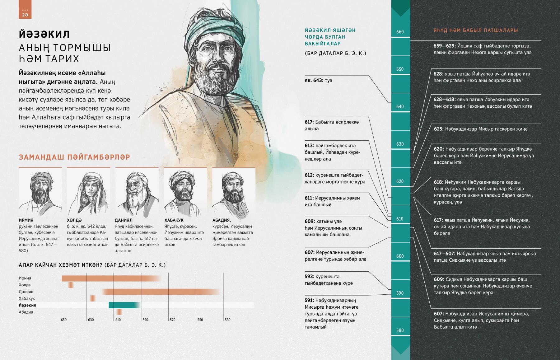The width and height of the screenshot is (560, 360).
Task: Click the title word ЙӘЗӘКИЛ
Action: (x=44, y=34)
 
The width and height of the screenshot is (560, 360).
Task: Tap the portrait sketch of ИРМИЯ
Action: (x=40, y=191)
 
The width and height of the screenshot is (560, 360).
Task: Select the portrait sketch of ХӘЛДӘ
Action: (x=88, y=191)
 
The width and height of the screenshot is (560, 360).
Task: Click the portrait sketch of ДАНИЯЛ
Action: (x=137, y=191)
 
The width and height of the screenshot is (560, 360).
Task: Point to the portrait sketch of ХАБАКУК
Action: (x=185, y=191)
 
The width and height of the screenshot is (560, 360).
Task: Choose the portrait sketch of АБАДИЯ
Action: (x=233, y=191)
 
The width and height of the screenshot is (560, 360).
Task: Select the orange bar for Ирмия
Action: (x=109, y=278)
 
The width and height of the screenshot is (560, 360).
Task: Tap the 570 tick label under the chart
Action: (x=172, y=320)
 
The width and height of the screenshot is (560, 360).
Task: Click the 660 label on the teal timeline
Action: (x=400, y=32)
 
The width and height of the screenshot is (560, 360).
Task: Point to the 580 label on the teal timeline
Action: (x=400, y=330)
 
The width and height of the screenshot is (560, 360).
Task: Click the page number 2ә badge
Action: (x=25, y=14)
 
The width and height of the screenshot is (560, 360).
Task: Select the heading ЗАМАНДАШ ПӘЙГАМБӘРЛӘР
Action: (x=74, y=157)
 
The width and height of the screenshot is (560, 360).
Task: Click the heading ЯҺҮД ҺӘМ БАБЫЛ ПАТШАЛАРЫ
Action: (x=476, y=30)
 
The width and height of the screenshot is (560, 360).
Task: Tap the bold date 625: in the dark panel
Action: (x=439, y=129)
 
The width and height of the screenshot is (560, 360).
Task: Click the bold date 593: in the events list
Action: (x=310, y=277)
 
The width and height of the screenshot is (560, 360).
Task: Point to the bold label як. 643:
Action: (x=314, y=80)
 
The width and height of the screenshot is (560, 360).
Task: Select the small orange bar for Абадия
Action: (x=119, y=312)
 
